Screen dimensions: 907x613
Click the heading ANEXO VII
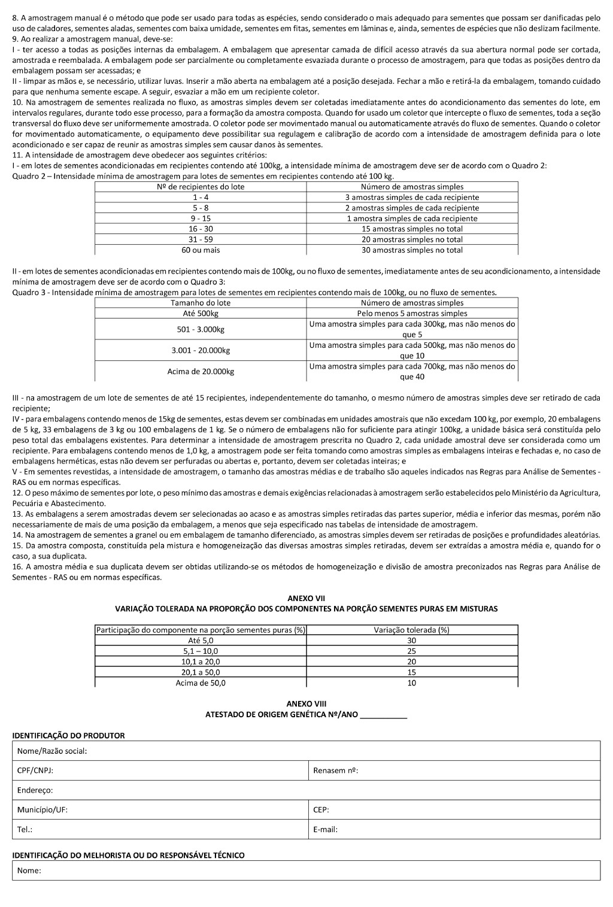[306, 598]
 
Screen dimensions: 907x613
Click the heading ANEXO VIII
[306, 704]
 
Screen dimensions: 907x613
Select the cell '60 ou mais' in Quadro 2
[201, 250]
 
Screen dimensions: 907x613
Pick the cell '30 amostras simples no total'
[412, 250]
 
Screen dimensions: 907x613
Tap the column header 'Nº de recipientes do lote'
[201, 187]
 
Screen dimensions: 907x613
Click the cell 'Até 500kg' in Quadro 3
[201, 313]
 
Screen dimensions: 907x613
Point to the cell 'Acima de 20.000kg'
[201, 371]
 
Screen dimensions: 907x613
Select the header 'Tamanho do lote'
[201, 303]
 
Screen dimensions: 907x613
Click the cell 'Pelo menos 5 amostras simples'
[412, 313]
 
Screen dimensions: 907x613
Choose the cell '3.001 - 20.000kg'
[201, 350]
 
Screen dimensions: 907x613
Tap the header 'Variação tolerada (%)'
[412, 630]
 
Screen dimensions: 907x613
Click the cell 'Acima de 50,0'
[201, 683]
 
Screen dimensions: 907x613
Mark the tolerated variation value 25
[412, 651]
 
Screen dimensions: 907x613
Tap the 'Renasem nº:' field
[454, 771]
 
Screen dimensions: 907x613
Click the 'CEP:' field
[454, 810]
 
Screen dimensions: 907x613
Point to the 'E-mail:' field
[454, 830]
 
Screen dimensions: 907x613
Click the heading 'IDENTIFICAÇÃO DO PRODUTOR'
[69, 736]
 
